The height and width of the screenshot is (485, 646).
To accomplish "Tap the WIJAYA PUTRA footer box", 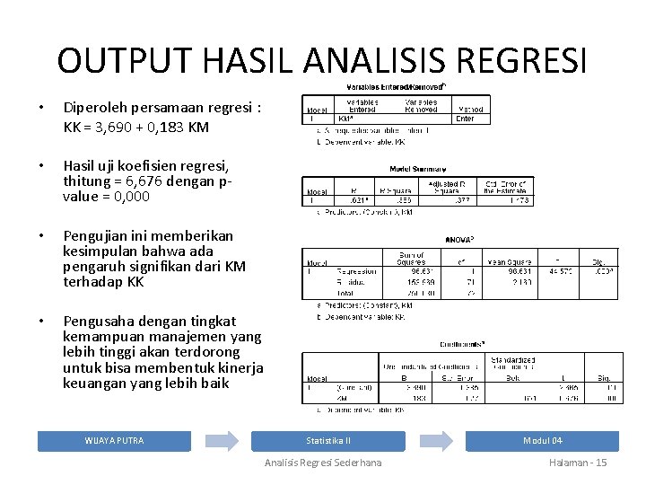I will pos(114,440).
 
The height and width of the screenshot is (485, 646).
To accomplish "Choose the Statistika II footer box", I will pos(328,440).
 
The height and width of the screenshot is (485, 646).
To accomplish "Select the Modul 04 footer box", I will pos(542,440).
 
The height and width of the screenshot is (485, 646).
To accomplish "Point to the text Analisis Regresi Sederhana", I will pos(323,463).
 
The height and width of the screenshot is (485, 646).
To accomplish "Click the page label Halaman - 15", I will pos(578,463).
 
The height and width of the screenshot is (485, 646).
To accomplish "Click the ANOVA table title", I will pos(458,240).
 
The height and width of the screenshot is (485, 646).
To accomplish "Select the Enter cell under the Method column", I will pos(465,118).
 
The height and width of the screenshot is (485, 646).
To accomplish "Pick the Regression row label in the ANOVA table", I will pos(356,269).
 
